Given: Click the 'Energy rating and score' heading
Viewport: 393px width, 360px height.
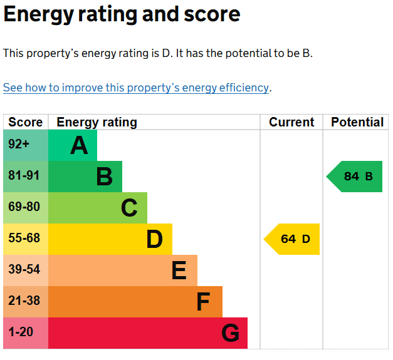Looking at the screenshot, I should [x=122, y=15].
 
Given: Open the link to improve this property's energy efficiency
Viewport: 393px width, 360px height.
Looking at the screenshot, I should [x=135, y=88].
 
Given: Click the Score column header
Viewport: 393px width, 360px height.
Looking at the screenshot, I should [x=26, y=122].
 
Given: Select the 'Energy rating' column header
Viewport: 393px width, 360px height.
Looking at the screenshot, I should [x=97, y=122].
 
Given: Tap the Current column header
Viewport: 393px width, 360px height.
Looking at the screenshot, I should [x=291, y=122].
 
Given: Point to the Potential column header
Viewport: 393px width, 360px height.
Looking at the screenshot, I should [x=357, y=122].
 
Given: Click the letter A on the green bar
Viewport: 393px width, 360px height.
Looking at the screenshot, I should [x=79, y=145].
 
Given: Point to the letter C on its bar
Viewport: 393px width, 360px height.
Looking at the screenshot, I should [x=129, y=208].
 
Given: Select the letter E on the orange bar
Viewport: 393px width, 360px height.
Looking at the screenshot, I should [x=179, y=270].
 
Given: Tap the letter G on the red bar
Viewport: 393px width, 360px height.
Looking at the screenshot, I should [x=230, y=333].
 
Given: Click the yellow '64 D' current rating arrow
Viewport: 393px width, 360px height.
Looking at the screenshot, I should [x=293, y=239].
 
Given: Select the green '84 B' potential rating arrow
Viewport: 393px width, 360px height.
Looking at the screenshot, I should [x=356, y=177].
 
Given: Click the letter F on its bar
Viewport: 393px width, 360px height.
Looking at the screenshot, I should [x=203, y=302].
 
